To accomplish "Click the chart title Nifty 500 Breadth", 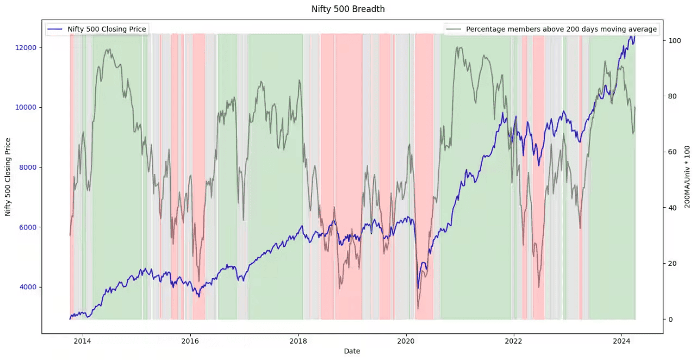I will (x=348, y=9).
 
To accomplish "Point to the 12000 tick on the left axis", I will (x=26, y=47).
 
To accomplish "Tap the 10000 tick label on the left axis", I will (x=26, y=107).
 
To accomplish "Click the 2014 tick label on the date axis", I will (x=82, y=342).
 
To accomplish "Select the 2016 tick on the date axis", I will (x=190, y=342).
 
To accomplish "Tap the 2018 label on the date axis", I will (x=298, y=342).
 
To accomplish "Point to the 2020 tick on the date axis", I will (x=406, y=342).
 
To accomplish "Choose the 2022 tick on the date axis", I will (x=514, y=342).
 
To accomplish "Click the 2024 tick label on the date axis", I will (x=622, y=342).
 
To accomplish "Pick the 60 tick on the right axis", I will (x=672, y=152).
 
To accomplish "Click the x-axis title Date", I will (x=352, y=351).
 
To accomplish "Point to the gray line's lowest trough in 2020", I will (x=418, y=308).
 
